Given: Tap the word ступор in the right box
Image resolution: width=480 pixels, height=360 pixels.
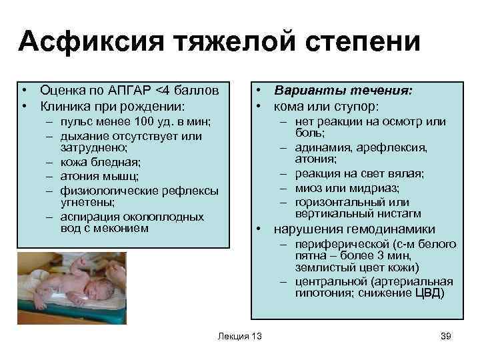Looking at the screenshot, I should [357, 106].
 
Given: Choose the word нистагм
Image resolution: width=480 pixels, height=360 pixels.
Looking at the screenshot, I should [399, 214].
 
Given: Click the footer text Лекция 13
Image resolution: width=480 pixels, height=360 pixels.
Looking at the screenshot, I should [239, 336].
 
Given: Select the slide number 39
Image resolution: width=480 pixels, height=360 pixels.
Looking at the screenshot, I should [446, 336].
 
